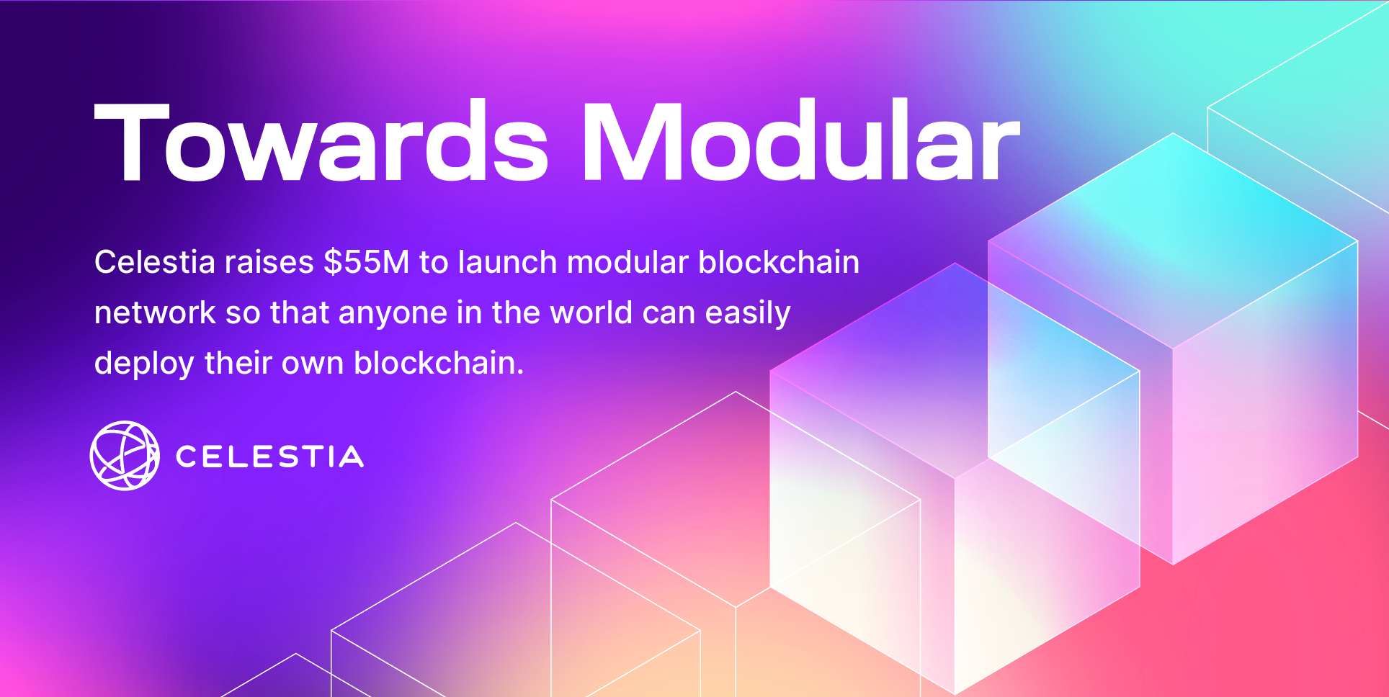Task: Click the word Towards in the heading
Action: coord(321,142)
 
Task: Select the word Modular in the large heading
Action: coord(800,142)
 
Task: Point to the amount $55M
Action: coord(366,262)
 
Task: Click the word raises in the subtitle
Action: coord(269,262)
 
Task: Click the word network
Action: coord(155,313)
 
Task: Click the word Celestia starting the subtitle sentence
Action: coord(154,262)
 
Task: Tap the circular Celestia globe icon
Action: coord(125,456)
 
